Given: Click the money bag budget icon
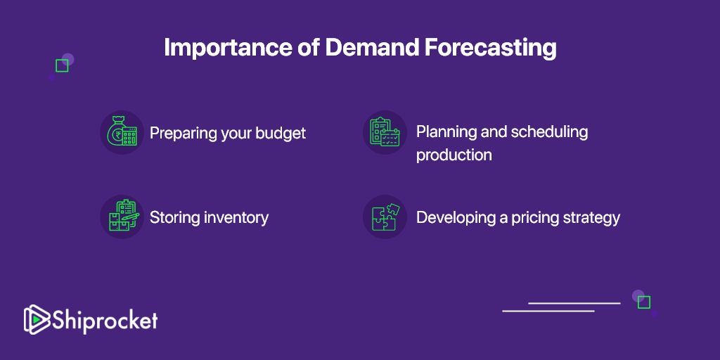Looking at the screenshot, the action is pyautogui.click(x=122, y=133).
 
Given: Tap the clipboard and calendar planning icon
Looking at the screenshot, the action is pyautogui.click(x=385, y=132).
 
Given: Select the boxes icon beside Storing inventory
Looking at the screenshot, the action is pyautogui.click(x=122, y=217).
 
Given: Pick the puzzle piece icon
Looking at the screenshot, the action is pyautogui.click(x=385, y=217).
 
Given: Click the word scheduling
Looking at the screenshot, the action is pyautogui.click(x=549, y=133).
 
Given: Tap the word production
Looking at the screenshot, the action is pyautogui.click(x=454, y=155).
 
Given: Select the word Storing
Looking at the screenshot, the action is pyautogui.click(x=175, y=218).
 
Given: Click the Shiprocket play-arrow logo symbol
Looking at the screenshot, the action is pyautogui.click(x=37, y=320).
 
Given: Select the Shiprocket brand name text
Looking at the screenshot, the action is pyautogui.click(x=105, y=321).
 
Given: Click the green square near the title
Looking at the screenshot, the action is pyautogui.click(x=62, y=65).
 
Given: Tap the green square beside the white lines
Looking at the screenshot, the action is pyautogui.click(x=644, y=302).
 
